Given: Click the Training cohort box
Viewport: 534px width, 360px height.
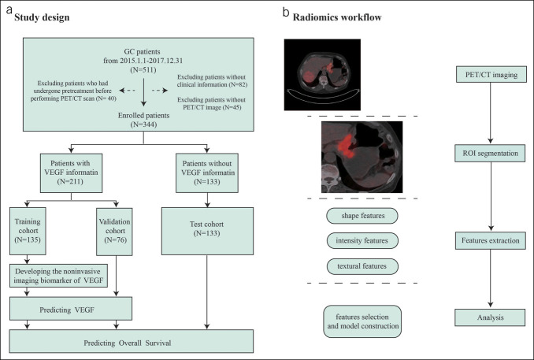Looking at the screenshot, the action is (x=28, y=231).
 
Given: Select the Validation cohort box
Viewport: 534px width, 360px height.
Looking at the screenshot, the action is (x=114, y=232).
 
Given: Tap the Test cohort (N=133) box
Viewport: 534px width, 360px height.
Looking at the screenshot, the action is (x=207, y=231).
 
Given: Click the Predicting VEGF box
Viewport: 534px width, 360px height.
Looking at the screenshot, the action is (x=71, y=309).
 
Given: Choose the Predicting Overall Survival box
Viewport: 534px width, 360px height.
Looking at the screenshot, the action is (x=132, y=341).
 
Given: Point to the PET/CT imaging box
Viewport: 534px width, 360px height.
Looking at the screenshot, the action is (x=491, y=75).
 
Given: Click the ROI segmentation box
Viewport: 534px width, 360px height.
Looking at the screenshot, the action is (x=490, y=154).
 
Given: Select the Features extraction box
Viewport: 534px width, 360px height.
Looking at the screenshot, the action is (x=491, y=240).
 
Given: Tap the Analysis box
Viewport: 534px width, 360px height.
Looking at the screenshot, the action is (x=490, y=317).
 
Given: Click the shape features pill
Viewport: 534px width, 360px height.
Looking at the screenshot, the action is (x=362, y=216).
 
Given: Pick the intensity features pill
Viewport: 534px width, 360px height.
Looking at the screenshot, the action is (x=362, y=240).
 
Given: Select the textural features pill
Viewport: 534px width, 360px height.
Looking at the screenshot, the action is (x=362, y=266).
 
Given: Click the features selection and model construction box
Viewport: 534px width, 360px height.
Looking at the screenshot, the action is (x=362, y=321).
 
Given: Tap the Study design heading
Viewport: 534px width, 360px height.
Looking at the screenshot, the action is (x=42, y=17).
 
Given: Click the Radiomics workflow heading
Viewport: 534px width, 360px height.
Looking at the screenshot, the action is (x=337, y=17).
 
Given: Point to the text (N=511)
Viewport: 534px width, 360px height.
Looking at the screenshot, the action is (x=143, y=70).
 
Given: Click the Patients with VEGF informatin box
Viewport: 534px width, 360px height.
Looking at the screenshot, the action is (x=71, y=173).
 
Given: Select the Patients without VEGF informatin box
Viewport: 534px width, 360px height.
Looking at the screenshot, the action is (x=207, y=173).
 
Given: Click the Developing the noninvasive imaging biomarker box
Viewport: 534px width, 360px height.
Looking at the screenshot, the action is (x=58, y=276).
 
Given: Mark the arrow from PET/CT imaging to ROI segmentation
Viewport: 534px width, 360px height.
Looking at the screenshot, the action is (x=491, y=113).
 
